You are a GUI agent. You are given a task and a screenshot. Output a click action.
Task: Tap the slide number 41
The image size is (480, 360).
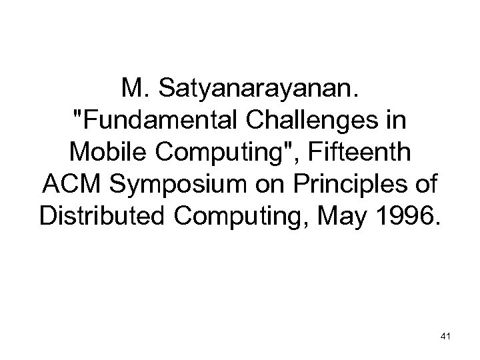click(446, 339)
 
